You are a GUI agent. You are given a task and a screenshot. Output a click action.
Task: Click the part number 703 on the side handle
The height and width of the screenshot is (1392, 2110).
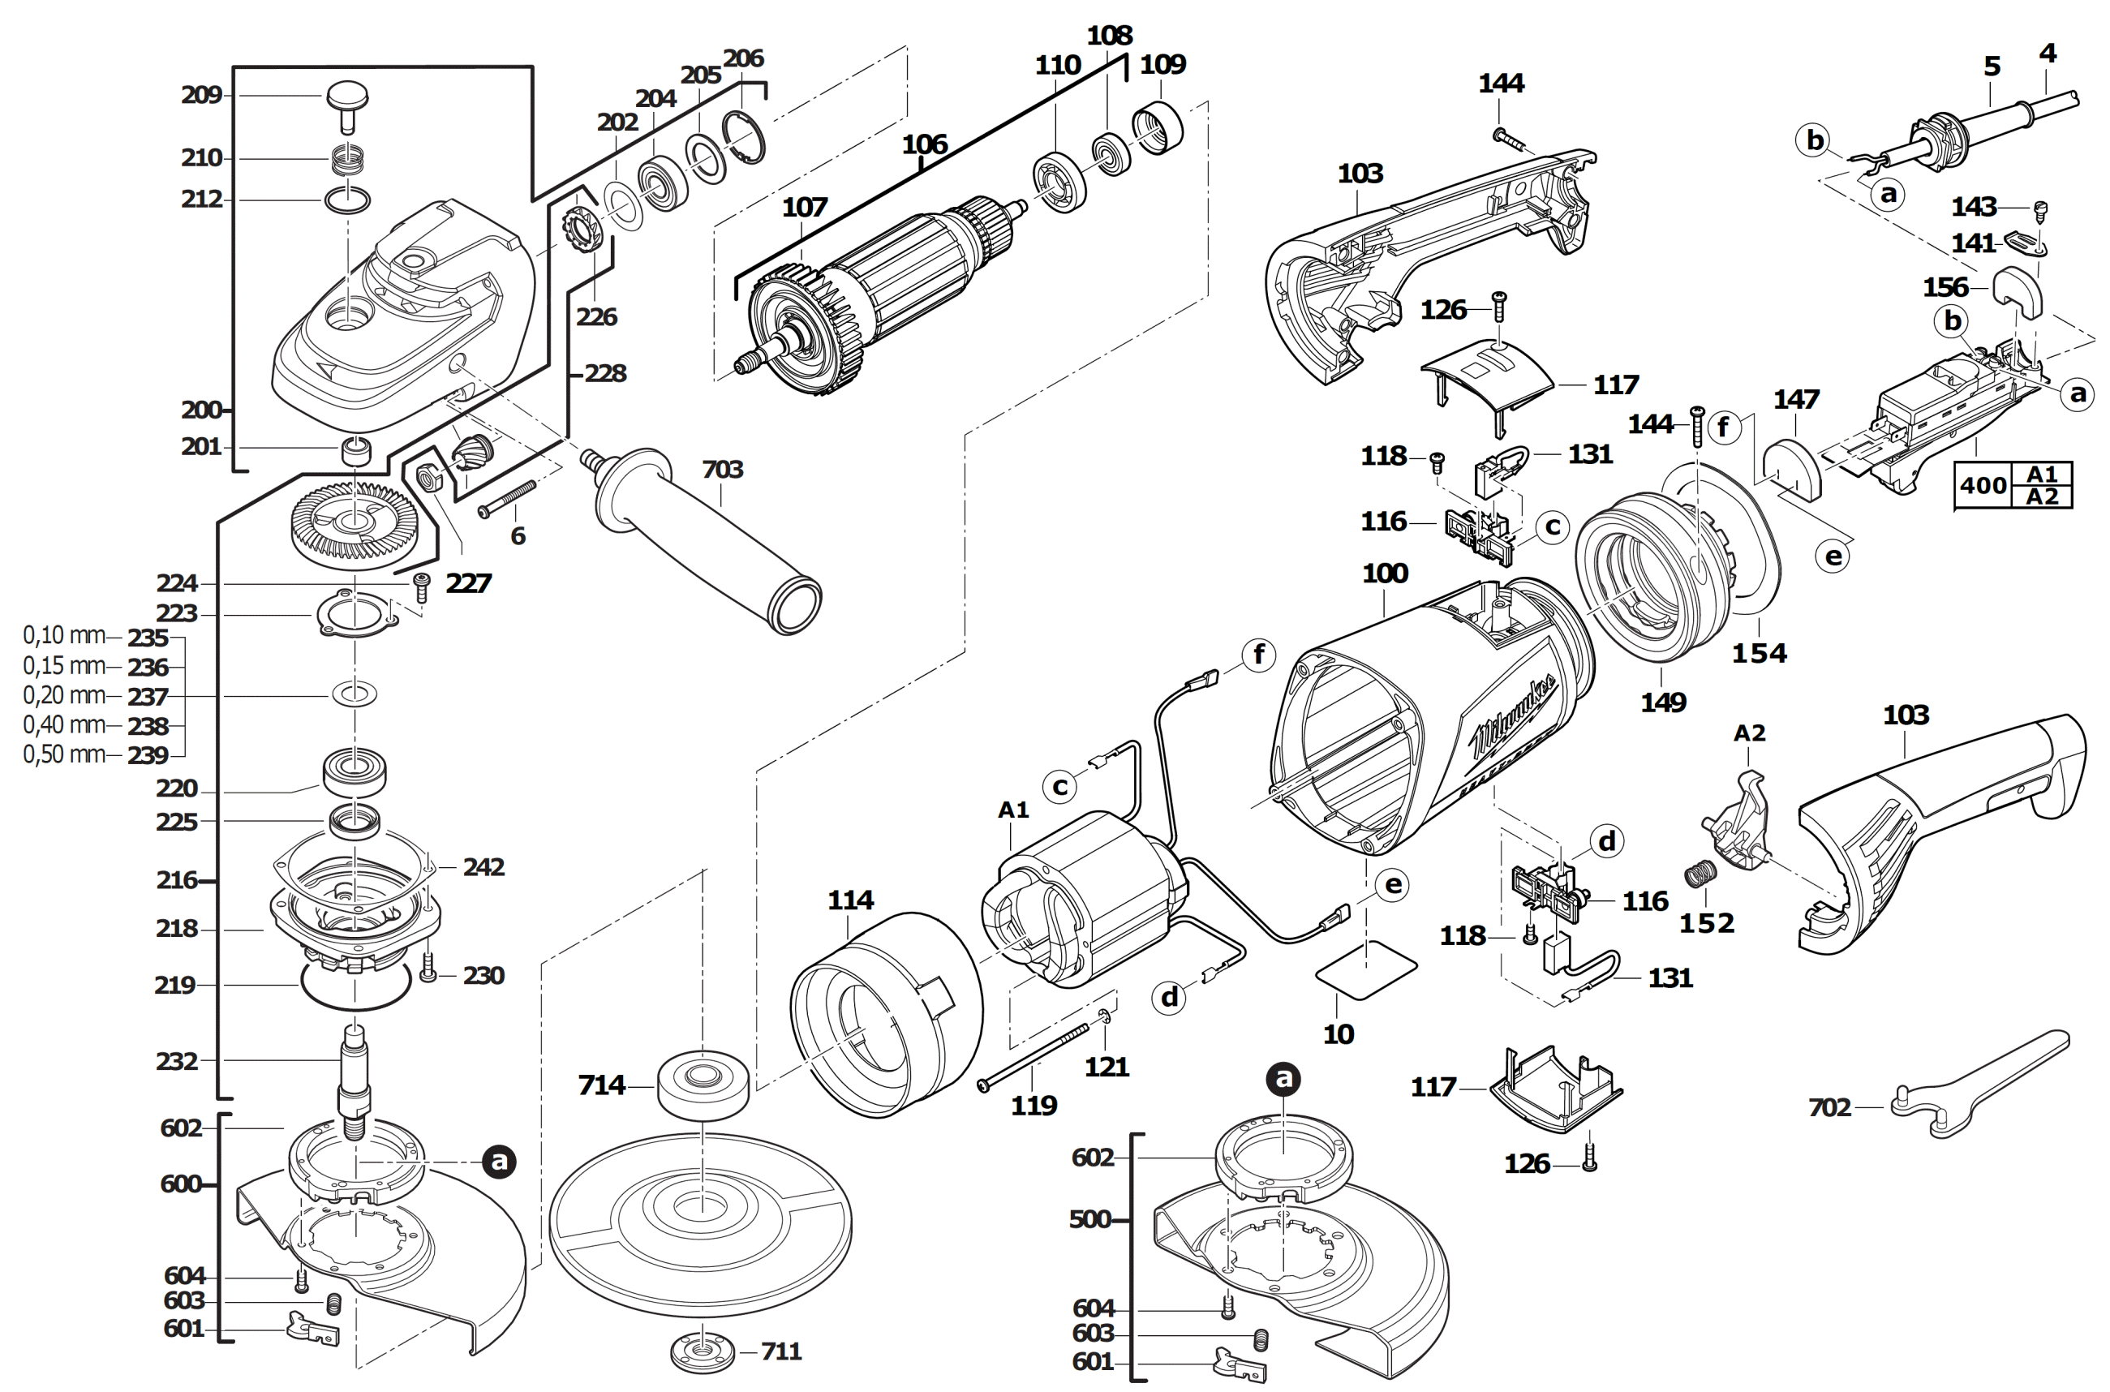[722, 470]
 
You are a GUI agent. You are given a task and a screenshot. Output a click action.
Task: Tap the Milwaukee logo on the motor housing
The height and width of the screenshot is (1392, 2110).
[1514, 715]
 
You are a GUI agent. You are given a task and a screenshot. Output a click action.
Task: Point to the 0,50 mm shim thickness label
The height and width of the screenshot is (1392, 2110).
[64, 754]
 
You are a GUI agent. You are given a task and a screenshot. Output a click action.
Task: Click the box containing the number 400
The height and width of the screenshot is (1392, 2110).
[1983, 486]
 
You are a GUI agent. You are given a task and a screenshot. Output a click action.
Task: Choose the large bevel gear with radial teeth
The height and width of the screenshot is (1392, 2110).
[355, 526]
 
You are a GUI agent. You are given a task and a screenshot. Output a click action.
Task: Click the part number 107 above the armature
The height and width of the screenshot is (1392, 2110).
[804, 208]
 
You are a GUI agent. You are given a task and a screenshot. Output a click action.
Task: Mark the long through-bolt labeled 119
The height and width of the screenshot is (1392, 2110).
[1034, 1055]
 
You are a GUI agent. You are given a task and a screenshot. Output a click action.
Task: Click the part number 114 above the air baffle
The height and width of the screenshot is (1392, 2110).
[850, 900]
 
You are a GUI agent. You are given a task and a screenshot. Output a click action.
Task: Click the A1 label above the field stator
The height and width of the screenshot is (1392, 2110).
[1013, 810]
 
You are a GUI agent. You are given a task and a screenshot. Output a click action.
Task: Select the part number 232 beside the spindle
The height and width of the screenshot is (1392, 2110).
[177, 1061]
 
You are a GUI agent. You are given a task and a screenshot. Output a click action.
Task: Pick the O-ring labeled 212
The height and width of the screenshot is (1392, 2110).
[348, 200]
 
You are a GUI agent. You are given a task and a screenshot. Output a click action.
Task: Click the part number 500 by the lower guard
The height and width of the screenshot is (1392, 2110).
[1090, 1219]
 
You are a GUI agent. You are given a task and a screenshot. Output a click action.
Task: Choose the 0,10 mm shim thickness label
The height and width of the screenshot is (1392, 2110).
[64, 636]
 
